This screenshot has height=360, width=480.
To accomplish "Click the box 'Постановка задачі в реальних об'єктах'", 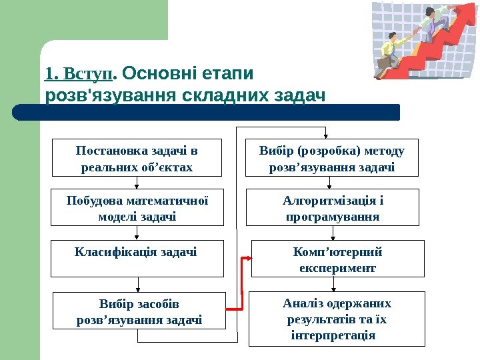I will (137, 158).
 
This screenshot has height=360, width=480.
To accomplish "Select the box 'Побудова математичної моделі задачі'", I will (137, 207).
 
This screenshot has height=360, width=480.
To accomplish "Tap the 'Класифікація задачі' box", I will (138, 259).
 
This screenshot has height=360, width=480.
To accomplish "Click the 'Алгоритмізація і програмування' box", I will (333, 207).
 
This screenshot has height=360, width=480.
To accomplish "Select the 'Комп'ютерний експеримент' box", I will (337, 259).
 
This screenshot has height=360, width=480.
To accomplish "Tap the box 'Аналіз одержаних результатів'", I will (337, 319).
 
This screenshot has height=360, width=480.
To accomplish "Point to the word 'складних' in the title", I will (231, 96).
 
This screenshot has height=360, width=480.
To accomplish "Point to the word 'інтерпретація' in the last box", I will (333, 333).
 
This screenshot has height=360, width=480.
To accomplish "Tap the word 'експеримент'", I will (337, 268).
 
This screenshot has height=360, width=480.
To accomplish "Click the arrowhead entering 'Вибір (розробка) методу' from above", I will (325, 135).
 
